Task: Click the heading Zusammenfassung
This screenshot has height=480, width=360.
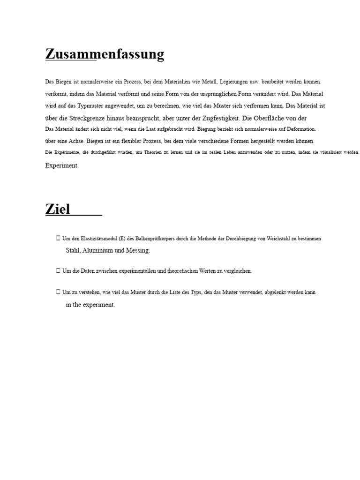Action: (x=105, y=54)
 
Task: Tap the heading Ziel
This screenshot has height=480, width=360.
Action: (x=58, y=209)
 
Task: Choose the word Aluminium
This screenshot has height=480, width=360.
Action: (x=97, y=251)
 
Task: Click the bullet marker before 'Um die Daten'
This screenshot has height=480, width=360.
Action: (x=58, y=270)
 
